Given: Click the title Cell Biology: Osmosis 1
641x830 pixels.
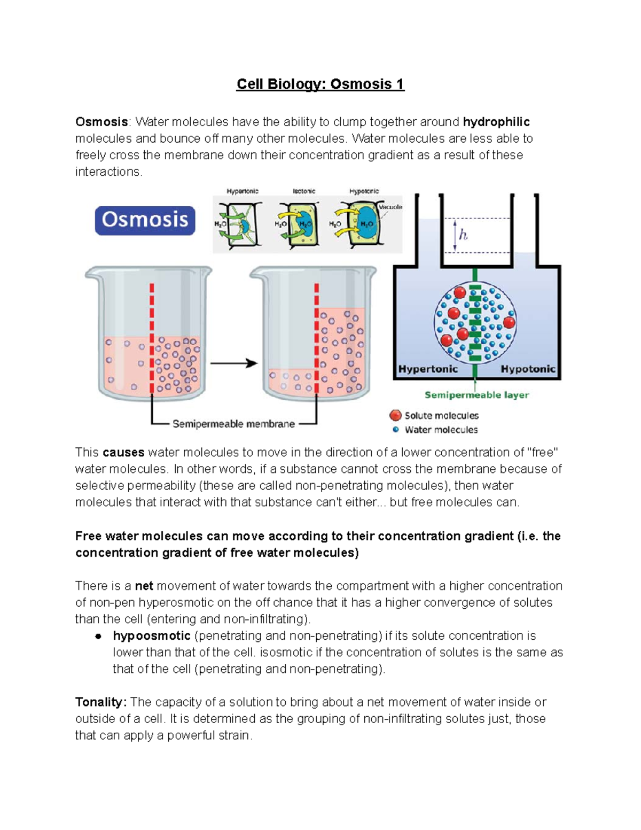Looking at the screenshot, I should pyautogui.click(x=320, y=84).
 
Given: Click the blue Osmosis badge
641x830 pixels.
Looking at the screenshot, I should pyautogui.click(x=145, y=220).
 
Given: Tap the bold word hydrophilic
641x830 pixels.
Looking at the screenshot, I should pyautogui.click(x=496, y=122).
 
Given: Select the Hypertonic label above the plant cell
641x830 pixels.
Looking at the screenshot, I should pyautogui.click(x=243, y=191).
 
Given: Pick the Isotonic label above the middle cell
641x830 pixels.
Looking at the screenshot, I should pyautogui.click(x=304, y=191).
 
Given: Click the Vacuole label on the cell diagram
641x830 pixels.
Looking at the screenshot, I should pyautogui.click(x=390, y=207).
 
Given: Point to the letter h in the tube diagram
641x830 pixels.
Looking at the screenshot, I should pyautogui.click(x=463, y=235).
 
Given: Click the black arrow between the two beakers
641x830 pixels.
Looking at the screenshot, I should pyautogui.click(x=233, y=363).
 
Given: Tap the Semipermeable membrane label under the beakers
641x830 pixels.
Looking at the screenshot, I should pyautogui.click(x=233, y=424).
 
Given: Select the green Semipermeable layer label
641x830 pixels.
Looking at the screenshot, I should pyautogui.click(x=476, y=395).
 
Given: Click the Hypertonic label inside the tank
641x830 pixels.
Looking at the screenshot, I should pyautogui.click(x=428, y=369).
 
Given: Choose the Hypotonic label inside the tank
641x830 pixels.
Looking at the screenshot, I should pyautogui.click(x=528, y=369).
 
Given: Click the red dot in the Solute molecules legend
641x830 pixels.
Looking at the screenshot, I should pyautogui.click(x=395, y=415).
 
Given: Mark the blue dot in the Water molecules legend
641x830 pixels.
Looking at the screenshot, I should pyautogui.click(x=395, y=429).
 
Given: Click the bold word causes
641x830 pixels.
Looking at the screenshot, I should pyautogui.click(x=123, y=452).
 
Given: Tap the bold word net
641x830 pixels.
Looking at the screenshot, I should pyautogui.click(x=144, y=586).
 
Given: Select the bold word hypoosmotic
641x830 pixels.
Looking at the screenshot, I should pyautogui.click(x=152, y=635).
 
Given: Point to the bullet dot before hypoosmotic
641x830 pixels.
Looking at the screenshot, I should pyautogui.click(x=98, y=636).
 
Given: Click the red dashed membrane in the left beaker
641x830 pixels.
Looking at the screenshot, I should pyautogui.click(x=152, y=337).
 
